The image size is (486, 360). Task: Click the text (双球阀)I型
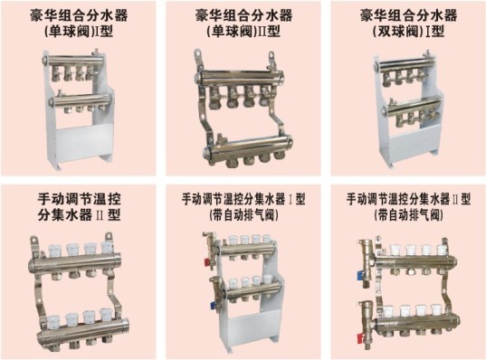(408, 32)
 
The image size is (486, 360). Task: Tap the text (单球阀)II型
(243, 32)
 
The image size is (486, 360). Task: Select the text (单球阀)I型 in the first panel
(78, 32)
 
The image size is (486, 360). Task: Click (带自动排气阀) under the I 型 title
(243, 214)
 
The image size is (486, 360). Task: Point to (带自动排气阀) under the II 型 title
(408, 214)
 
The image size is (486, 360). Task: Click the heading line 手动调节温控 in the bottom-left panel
(79, 199)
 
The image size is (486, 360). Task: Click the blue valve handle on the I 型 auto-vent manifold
(213, 306)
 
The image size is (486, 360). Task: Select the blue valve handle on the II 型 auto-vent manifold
(360, 274)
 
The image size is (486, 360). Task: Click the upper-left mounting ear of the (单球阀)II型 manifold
(197, 54)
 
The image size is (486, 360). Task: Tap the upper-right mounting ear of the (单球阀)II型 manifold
(272, 56)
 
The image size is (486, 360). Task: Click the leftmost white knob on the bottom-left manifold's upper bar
(54, 250)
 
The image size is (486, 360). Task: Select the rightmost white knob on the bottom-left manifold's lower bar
(106, 315)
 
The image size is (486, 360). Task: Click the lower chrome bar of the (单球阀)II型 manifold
(248, 147)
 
